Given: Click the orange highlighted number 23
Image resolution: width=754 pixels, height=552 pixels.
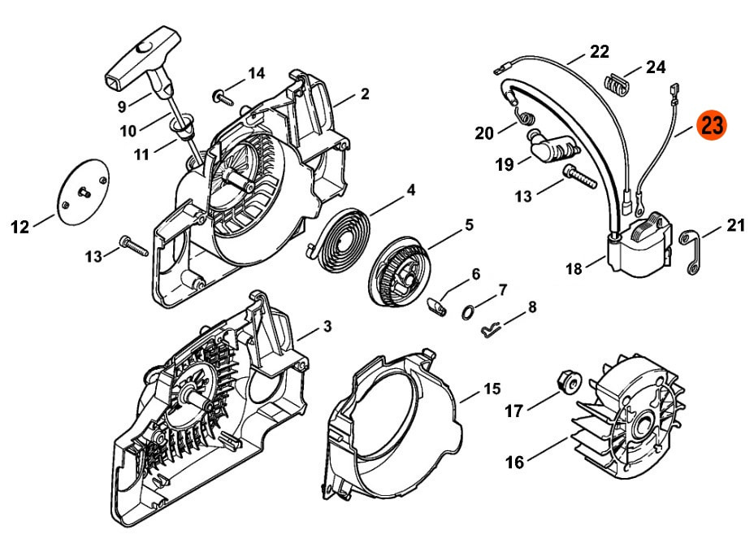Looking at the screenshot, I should click(713, 125).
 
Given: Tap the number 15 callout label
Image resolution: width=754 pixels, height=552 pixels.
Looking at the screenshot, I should click(491, 389).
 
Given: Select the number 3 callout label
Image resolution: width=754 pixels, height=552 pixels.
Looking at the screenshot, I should click(327, 327).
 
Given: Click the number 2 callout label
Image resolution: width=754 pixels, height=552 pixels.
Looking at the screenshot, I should click(365, 94).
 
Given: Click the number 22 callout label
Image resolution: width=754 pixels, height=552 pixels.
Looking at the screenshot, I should click(599, 52).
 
